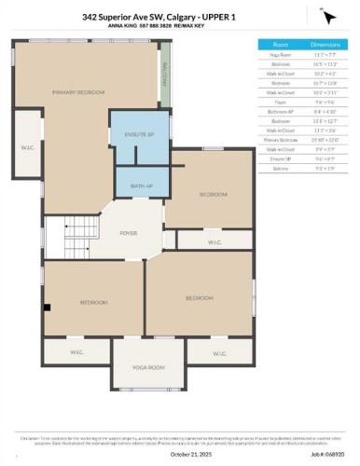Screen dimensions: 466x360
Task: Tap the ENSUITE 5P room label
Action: tap(138, 134)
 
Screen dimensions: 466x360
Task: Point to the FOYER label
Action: tap(129, 234)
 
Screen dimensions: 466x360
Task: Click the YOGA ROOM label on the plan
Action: tap(148, 367)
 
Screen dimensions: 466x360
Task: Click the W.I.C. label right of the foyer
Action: tap(214, 242)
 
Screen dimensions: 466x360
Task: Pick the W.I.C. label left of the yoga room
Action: tap(76, 352)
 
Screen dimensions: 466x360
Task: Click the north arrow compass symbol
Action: tap(328, 17)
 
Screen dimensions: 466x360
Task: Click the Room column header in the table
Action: tap(280, 44)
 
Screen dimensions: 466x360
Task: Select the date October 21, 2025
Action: tap(180, 454)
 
